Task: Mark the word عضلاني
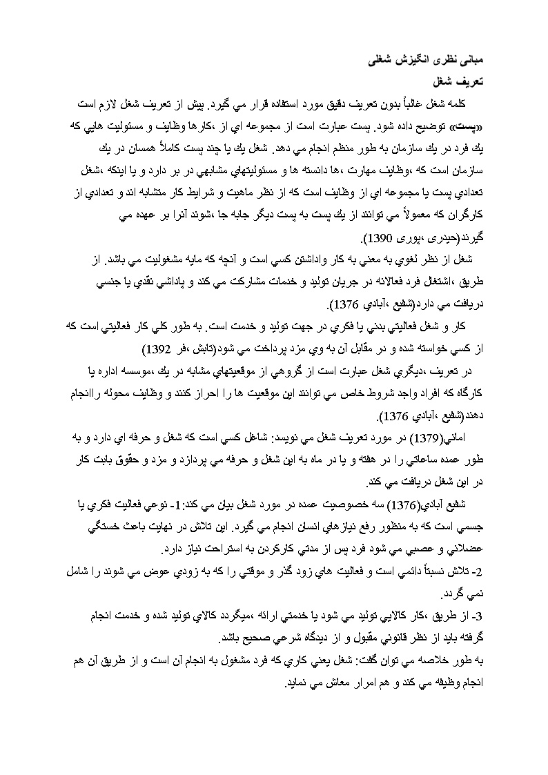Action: point(452,549)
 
